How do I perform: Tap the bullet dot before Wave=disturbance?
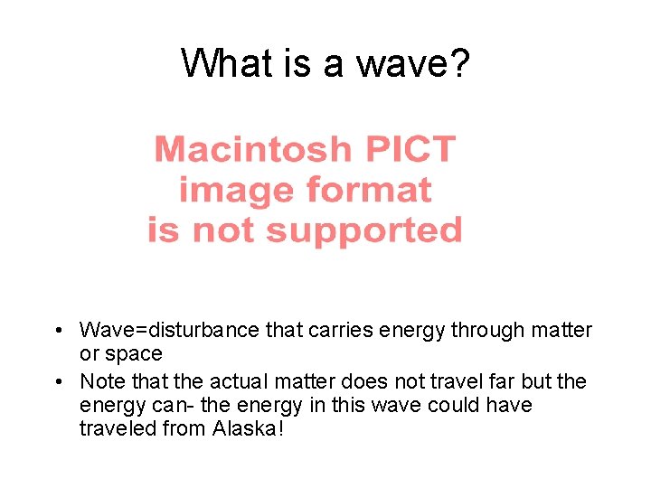click(x=57, y=331)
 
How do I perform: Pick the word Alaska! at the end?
click(x=249, y=428)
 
